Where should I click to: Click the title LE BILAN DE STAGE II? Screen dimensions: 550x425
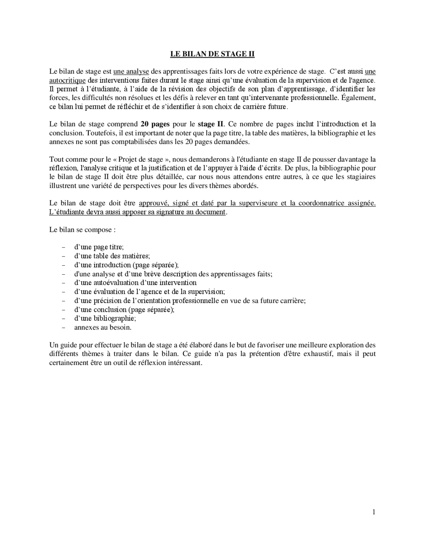[x=212, y=54]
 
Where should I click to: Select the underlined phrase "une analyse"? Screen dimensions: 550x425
[x=131, y=71]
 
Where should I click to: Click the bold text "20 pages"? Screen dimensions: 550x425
[x=155, y=124]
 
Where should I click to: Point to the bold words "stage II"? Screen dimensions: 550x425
[x=211, y=124]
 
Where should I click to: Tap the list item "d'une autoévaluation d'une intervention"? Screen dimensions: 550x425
[x=135, y=283]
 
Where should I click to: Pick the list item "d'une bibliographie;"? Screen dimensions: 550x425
[x=105, y=319]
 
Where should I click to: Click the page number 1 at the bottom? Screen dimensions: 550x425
[x=374, y=512]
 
